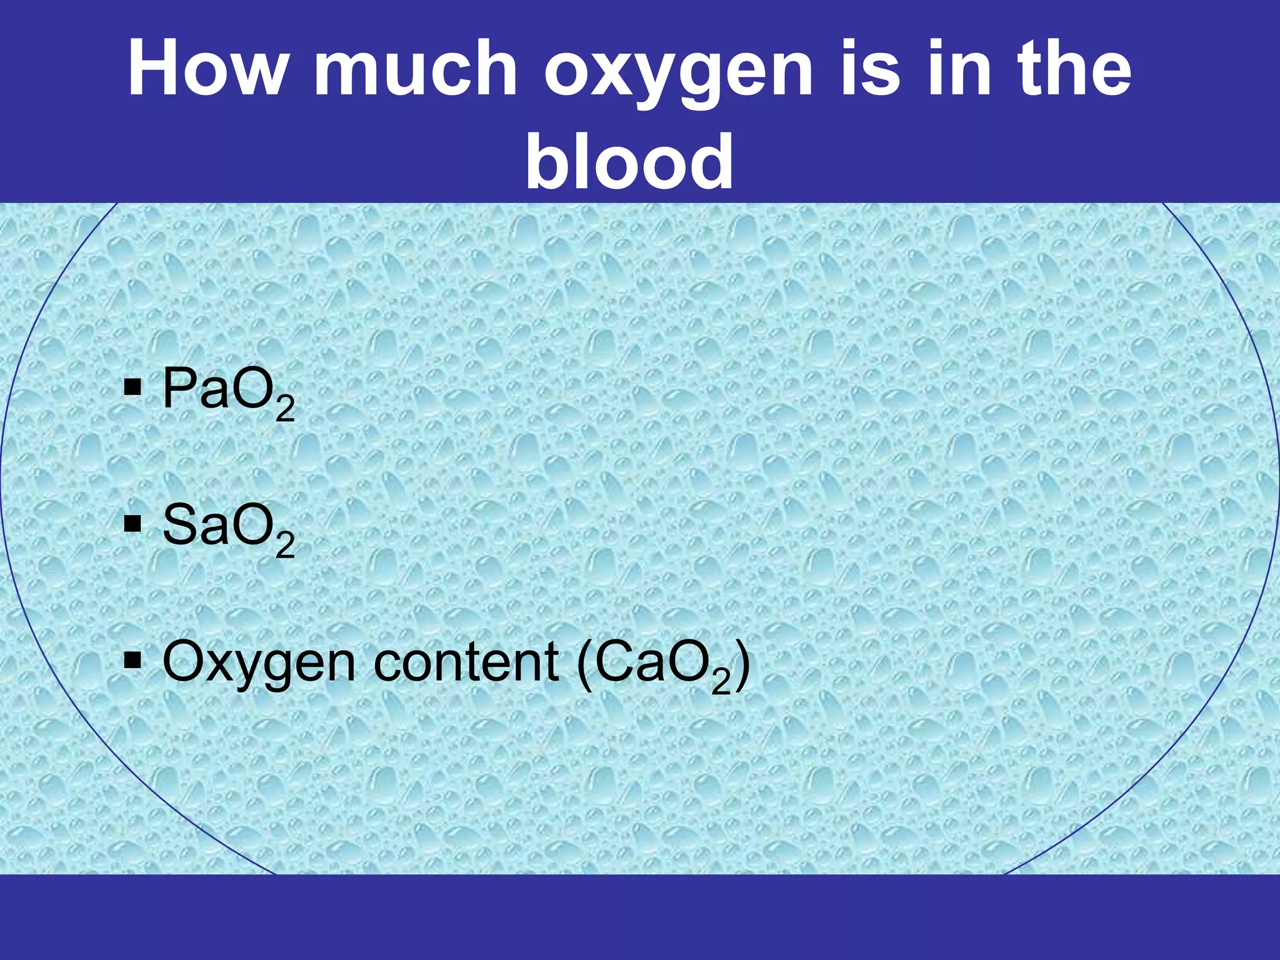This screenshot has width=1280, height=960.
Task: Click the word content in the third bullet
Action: (466, 662)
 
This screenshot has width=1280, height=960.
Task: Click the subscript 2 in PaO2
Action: (285, 409)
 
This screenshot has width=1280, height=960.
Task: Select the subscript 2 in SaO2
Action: (285, 545)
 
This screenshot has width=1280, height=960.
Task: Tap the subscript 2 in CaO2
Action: (721, 682)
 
